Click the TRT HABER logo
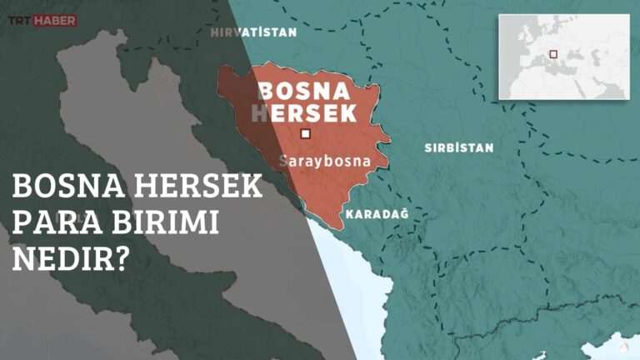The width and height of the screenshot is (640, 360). [42, 19]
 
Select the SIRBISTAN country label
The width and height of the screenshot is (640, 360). [458, 147]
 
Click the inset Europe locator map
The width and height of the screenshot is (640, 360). [563, 56]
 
